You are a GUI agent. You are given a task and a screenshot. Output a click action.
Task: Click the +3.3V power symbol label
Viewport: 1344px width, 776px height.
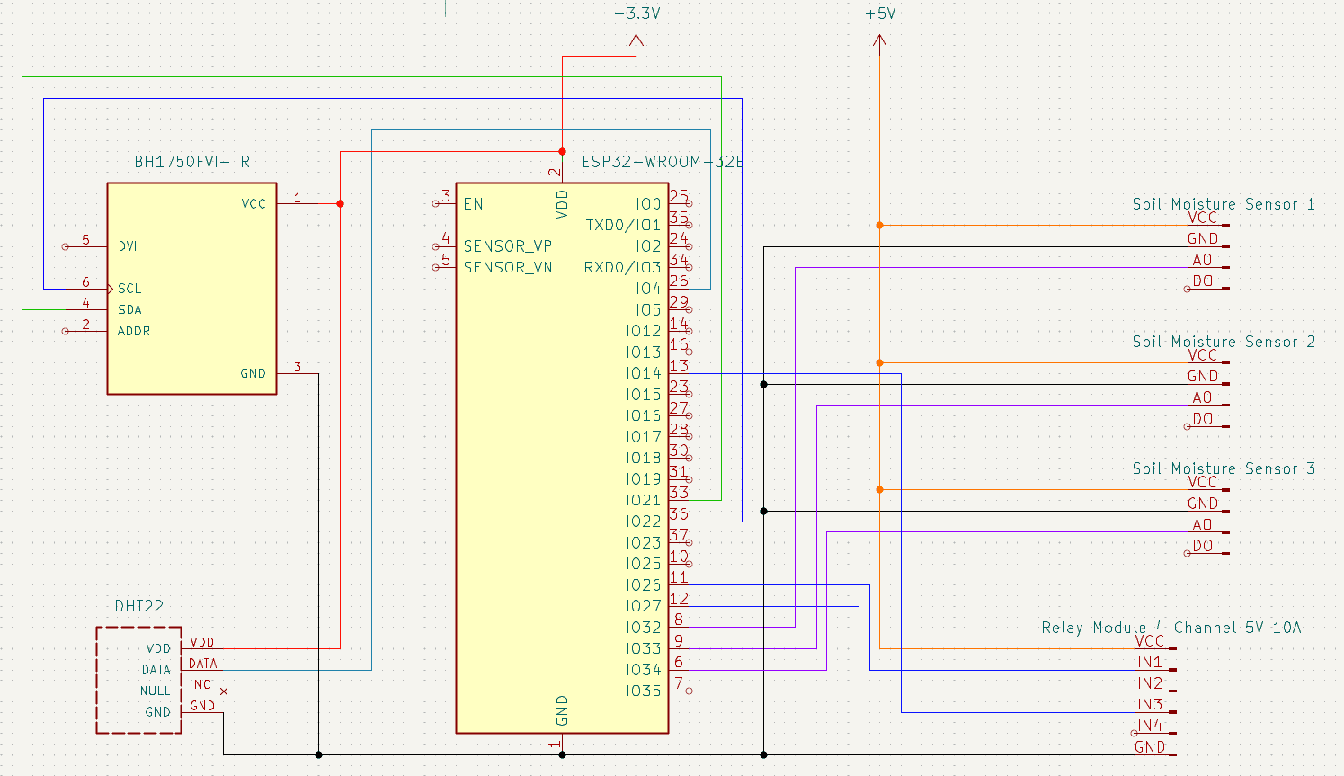click(636, 13)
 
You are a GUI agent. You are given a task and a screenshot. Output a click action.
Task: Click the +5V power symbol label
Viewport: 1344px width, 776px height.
click(880, 13)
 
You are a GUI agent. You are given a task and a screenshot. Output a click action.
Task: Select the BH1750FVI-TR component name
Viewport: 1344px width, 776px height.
click(191, 162)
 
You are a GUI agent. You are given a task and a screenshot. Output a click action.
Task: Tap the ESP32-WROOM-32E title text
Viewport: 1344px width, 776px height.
click(662, 162)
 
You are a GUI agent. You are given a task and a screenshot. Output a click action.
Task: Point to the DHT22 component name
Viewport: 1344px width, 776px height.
click(139, 606)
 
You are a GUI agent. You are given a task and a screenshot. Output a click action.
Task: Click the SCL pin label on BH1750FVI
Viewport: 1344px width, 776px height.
click(129, 289)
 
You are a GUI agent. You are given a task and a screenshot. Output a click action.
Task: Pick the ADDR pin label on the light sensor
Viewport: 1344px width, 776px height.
click(134, 331)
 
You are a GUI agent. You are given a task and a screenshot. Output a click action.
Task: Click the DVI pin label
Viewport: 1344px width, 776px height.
click(128, 246)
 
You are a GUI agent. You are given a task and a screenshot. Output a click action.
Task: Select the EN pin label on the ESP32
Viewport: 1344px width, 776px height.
click(473, 204)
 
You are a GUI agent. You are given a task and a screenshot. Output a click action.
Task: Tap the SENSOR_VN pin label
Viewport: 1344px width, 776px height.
click(508, 267)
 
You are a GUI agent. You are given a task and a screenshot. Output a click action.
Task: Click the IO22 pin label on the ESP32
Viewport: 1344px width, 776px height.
click(644, 522)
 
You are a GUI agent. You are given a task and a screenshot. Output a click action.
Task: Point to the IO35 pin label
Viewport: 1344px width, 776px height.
click(644, 691)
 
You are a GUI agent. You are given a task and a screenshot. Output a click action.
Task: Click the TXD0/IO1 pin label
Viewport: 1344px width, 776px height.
click(623, 225)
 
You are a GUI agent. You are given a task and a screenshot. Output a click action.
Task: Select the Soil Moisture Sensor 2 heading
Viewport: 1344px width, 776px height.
click(1223, 342)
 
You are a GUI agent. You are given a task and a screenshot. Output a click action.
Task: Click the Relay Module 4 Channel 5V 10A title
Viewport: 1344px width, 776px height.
click(1170, 628)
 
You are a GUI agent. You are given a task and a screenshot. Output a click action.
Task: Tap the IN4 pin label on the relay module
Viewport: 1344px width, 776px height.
click(1150, 726)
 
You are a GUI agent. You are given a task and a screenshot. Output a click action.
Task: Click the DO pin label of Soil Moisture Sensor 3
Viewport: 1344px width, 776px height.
click(1203, 546)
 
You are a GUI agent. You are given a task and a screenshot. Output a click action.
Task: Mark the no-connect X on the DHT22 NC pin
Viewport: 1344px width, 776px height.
click(224, 691)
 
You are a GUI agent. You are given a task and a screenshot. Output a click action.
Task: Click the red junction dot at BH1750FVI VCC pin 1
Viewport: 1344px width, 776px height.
click(340, 204)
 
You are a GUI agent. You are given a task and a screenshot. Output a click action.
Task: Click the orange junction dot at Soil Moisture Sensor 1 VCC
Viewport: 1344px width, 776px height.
click(879, 225)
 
